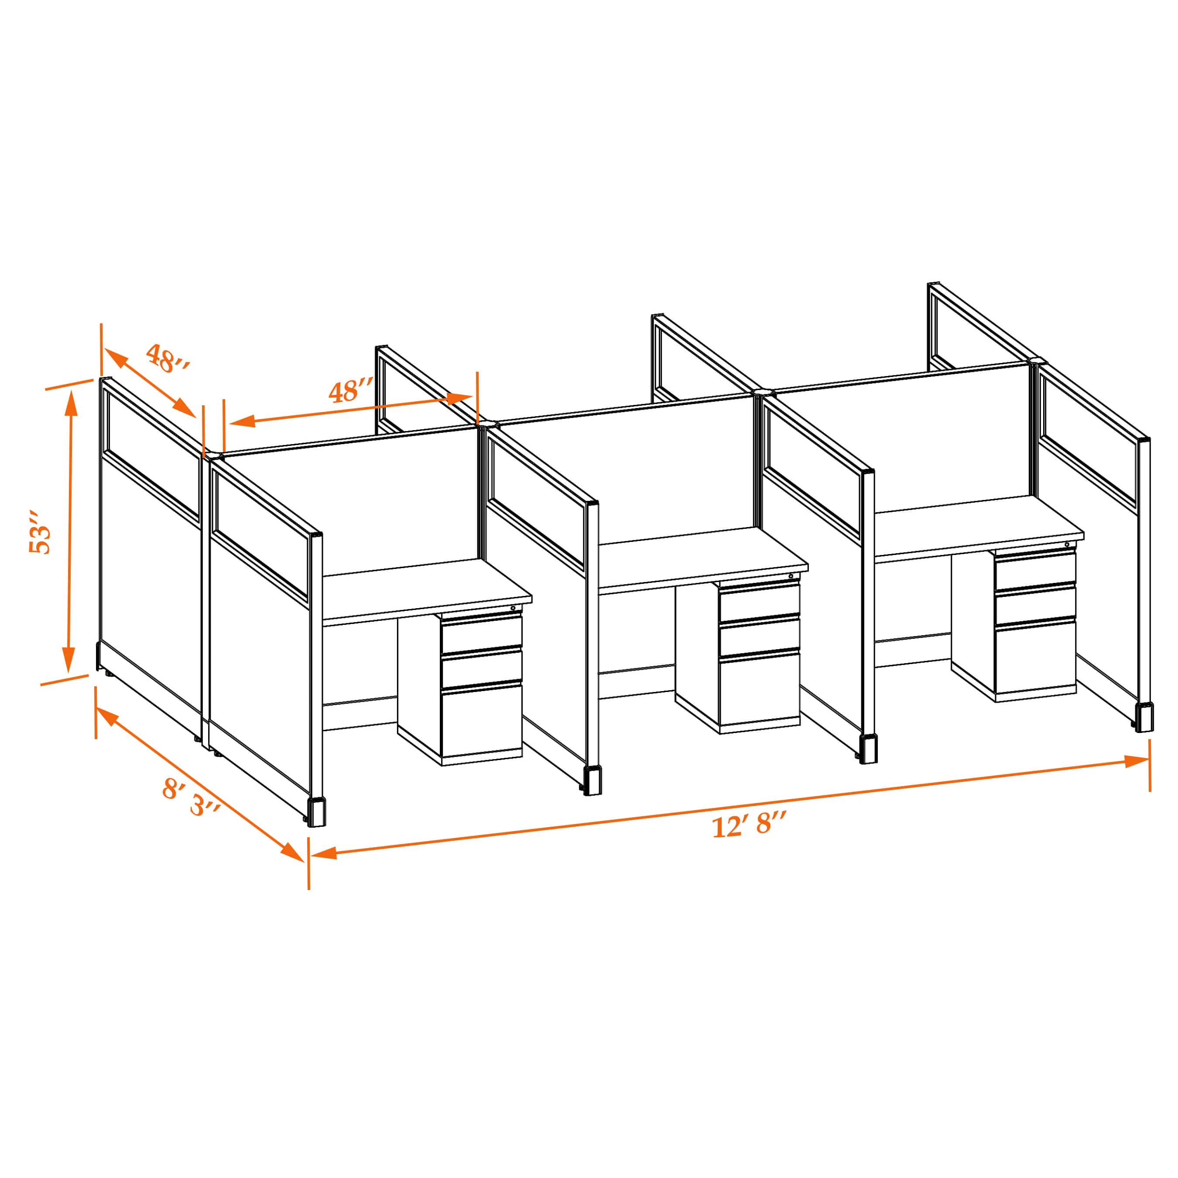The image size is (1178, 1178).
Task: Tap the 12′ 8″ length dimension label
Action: [750, 825]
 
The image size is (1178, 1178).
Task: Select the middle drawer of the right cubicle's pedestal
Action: [1035, 605]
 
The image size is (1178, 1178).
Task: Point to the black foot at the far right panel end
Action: [1144, 718]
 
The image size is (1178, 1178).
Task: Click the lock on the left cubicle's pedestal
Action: [513, 608]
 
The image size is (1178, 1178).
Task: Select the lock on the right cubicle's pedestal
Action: [1067, 544]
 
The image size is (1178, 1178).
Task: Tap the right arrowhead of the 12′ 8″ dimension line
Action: [1137, 761]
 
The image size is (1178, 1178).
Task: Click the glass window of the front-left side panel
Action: [261, 532]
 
